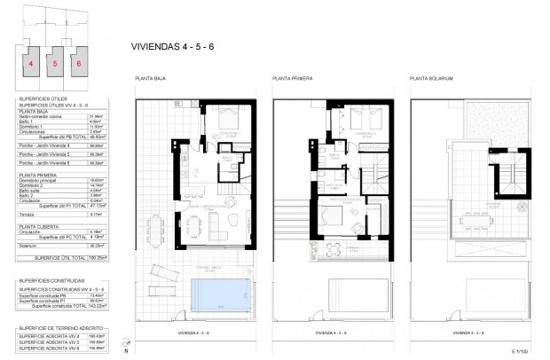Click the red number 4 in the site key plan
[x=31, y=64]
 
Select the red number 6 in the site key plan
[x=79, y=64]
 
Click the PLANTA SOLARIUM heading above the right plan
[x=431, y=78]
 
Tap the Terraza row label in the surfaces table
[x=27, y=213]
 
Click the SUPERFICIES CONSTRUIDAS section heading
[x=51, y=280]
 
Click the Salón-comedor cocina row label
[x=41, y=114]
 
